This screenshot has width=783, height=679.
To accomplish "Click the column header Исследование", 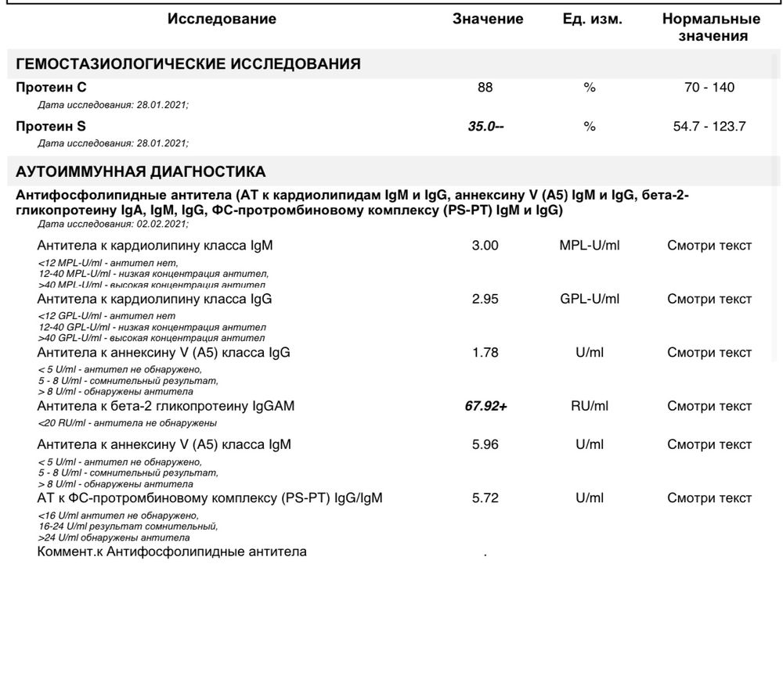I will [x=222, y=20].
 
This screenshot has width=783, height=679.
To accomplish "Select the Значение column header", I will [x=488, y=20].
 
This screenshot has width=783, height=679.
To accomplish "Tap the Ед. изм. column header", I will [x=593, y=20].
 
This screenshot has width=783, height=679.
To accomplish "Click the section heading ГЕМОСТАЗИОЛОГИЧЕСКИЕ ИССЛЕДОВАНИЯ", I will [x=188, y=64].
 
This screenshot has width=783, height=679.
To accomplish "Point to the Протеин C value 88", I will [x=485, y=88].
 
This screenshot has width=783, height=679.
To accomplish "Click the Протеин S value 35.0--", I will [x=485, y=126].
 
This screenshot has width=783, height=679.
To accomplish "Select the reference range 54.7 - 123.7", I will [x=709, y=126].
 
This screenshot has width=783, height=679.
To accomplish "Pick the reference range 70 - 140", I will [x=709, y=88].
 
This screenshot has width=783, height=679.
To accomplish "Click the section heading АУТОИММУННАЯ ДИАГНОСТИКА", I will [x=141, y=171].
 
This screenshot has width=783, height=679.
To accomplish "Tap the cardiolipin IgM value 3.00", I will [x=485, y=246].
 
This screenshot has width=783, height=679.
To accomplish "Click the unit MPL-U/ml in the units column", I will [x=590, y=246].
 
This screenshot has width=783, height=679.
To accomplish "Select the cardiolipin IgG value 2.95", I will [x=485, y=299].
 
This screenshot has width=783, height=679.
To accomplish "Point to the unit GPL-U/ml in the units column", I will [x=590, y=299].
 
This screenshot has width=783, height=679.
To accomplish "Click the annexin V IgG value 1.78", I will [x=485, y=353].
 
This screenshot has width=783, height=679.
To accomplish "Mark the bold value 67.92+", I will [x=485, y=406].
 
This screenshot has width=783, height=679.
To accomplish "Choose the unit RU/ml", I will [x=590, y=406].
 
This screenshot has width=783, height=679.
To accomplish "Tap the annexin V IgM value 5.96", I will [x=485, y=445].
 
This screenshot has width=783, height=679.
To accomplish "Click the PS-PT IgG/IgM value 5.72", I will [x=485, y=498].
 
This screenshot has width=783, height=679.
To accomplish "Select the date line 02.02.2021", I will [x=113, y=224].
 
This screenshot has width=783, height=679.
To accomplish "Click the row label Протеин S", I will [x=51, y=126].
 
